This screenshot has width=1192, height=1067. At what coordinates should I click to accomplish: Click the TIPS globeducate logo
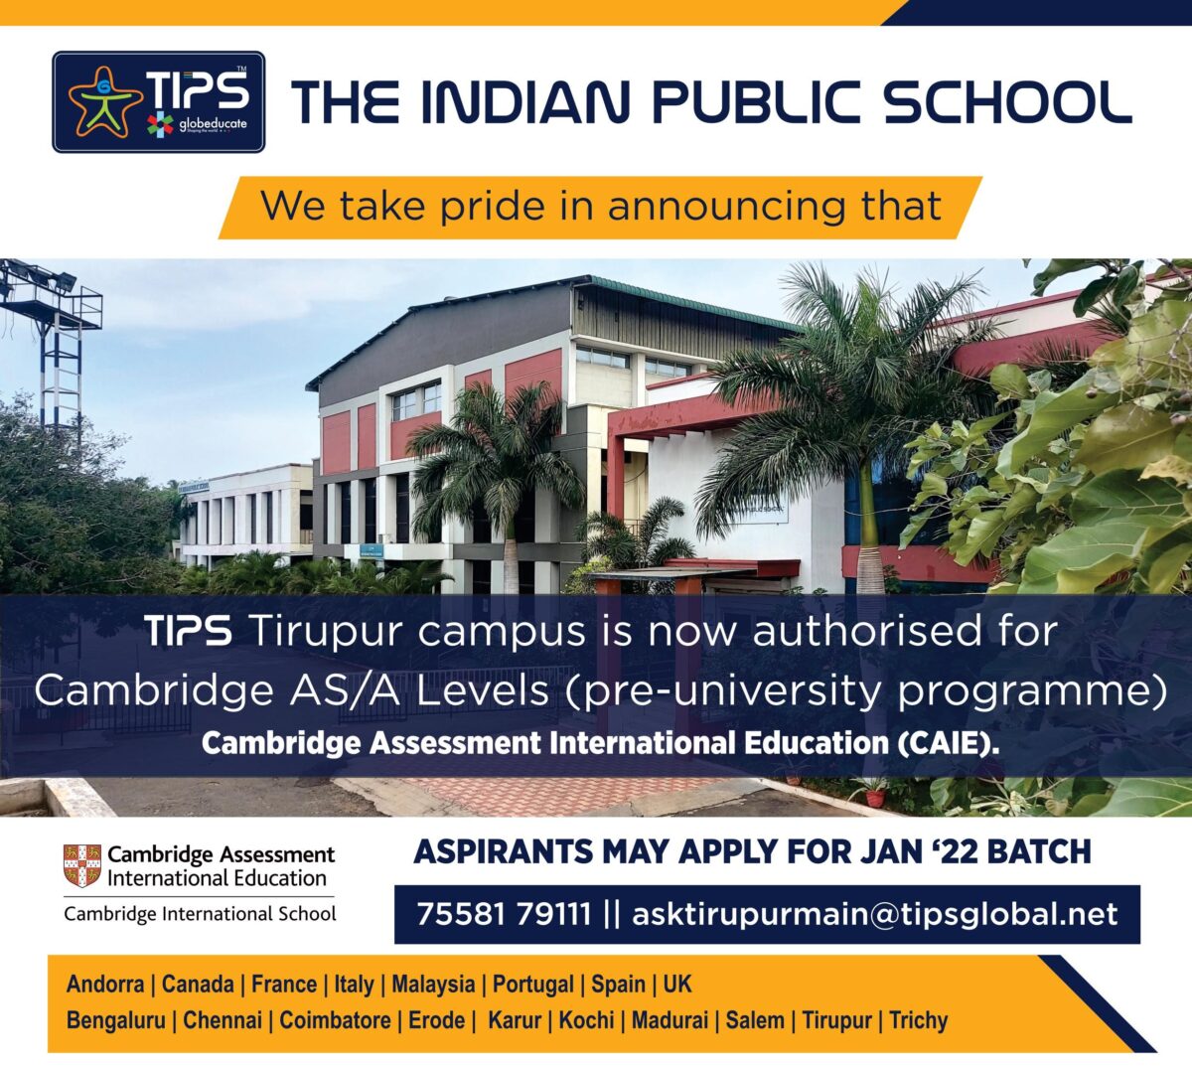pyautogui.click(x=159, y=102)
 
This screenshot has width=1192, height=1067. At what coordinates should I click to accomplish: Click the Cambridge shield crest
pyautogui.click(x=82, y=865)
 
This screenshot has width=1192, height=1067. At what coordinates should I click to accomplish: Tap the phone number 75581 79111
pyautogui.click(x=504, y=914)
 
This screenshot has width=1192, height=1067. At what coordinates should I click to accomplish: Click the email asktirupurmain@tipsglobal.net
pyautogui.click(x=875, y=914)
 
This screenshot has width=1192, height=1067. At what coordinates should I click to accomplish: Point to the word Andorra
pyautogui.click(x=105, y=985)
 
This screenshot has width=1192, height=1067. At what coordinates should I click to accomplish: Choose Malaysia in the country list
pyautogui.click(x=433, y=985)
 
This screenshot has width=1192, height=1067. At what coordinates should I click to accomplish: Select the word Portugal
pyautogui.click(x=532, y=985)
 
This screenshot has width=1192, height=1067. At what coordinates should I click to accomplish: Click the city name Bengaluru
pyautogui.click(x=115, y=1020)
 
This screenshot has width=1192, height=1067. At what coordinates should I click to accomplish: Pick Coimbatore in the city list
pyautogui.click(x=335, y=1020)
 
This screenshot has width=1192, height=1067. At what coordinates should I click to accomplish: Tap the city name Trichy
pyautogui.click(x=919, y=1020)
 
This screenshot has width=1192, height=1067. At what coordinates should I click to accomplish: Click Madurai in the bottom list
pyautogui.click(x=670, y=1020)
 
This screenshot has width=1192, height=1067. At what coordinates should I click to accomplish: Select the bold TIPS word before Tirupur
pyautogui.click(x=188, y=631)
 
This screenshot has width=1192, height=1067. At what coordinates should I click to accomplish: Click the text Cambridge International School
pyautogui.click(x=200, y=914)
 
